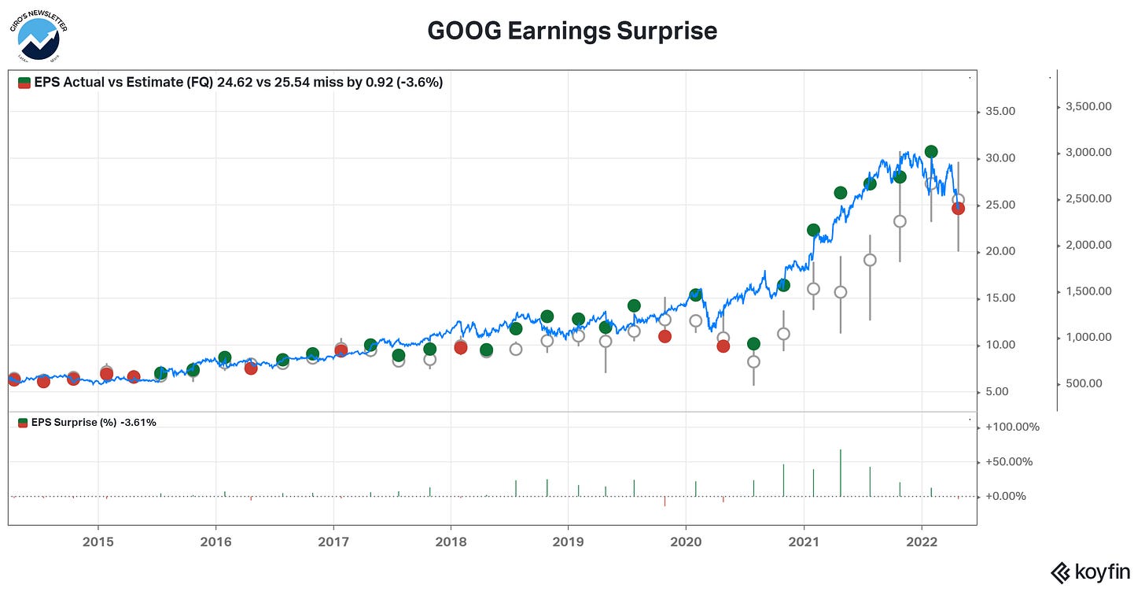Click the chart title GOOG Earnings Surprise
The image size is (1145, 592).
coord(572,31)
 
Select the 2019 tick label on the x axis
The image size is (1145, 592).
coord(568,542)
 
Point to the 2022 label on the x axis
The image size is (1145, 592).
coord(921,542)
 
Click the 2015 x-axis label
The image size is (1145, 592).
coord(98,542)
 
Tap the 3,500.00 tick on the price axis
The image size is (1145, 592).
coord(1088,106)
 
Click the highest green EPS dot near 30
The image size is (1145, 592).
coord(931,151)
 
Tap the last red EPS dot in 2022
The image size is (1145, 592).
coord(958,209)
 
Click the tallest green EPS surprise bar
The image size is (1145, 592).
coord(840,473)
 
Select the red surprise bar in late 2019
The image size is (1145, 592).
coord(665,501)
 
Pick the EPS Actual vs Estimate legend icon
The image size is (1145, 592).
coord(24,82)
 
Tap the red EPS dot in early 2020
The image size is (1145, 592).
coord(723,346)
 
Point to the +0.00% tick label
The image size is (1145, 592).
coord(1008,497)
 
